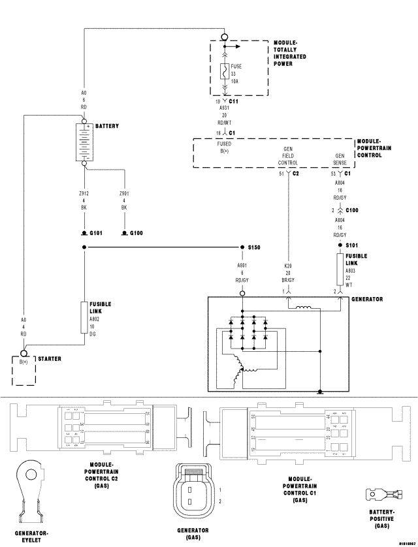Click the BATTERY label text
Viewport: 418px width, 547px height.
point(108,125)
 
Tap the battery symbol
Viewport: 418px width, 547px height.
point(84,141)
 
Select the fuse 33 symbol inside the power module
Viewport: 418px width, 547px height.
point(224,72)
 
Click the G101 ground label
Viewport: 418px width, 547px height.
point(95,233)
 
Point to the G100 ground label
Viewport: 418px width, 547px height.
point(136,233)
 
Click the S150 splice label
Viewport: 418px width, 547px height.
point(254,247)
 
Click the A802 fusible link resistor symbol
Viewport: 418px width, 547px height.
point(84,317)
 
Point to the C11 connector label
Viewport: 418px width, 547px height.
point(233,101)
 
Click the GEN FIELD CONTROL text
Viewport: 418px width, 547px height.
point(288,156)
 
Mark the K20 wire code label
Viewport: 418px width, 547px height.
point(289,266)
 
